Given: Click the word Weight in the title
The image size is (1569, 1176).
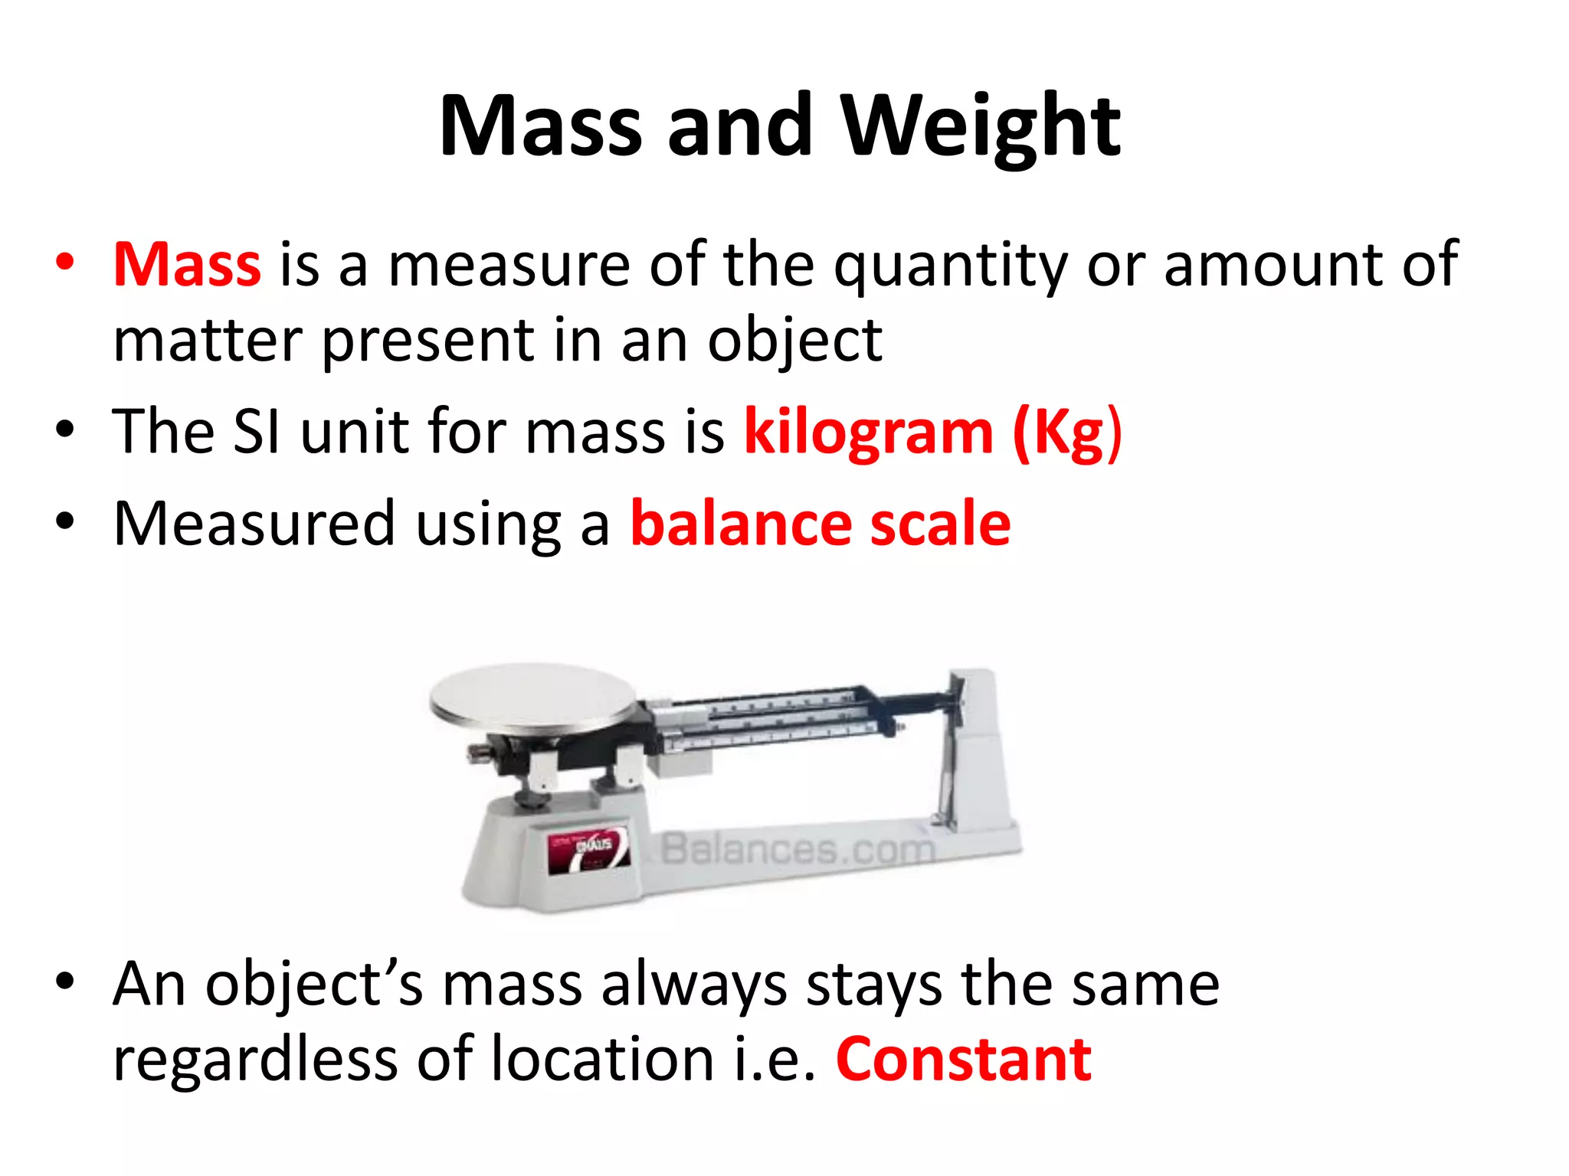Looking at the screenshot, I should [981, 126].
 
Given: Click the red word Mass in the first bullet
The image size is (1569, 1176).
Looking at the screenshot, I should [187, 264].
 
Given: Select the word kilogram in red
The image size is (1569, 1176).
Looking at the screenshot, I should [869, 433].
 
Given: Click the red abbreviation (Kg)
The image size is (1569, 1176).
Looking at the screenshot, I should [1067, 433].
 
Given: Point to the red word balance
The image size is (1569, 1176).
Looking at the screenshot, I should [741, 524].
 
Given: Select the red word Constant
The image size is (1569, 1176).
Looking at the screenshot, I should [964, 1060].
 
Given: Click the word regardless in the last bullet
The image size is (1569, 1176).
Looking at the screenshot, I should [255, 1061].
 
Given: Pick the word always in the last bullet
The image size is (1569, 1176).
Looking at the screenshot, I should [694, 986].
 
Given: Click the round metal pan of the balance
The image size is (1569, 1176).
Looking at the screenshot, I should [532, 697].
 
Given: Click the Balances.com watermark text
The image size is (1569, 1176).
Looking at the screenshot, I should [797, 849].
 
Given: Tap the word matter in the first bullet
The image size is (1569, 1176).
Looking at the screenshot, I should [208, 341].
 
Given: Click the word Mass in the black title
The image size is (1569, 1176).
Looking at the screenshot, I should [540, 126].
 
